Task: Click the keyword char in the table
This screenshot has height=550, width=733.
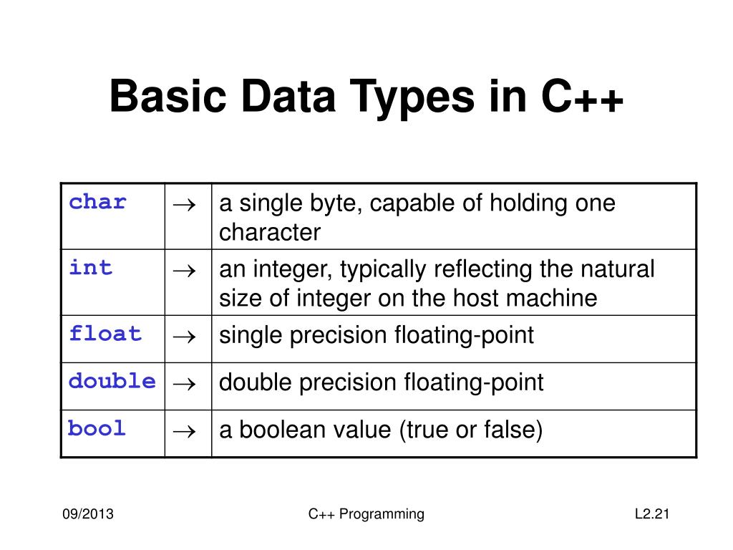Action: (97, 203)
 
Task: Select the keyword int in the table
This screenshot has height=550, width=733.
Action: (91, 269)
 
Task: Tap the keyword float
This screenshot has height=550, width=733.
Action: (105, 334)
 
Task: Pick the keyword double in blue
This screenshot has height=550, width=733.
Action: (112, 382)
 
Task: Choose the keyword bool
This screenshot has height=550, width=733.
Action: (97, 429)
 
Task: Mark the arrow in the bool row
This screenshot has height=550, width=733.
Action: (188, 432)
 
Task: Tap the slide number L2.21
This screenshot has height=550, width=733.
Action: (651, 514)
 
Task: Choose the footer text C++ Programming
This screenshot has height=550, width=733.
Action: (366, 514)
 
